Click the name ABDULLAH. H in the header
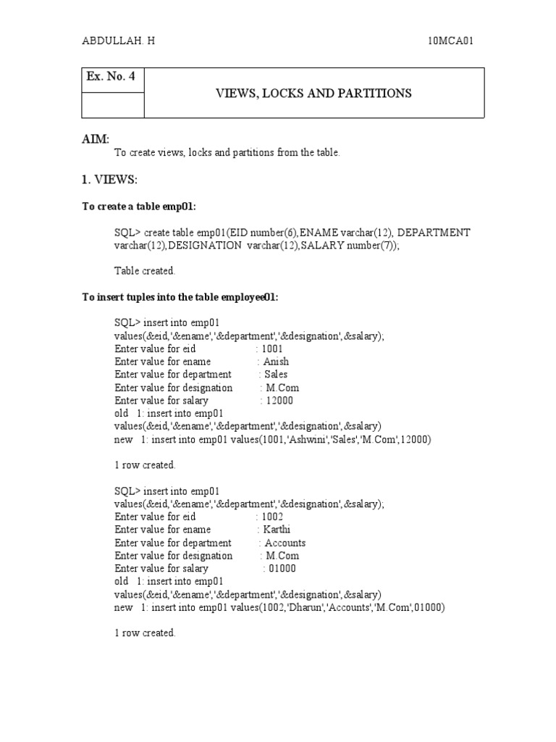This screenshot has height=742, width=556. (x=118, y=41)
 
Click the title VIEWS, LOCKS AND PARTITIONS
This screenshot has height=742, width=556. (x=313, y=93)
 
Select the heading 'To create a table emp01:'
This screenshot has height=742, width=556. (x=139, y=207)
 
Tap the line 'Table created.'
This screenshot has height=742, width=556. (x=145, y=271)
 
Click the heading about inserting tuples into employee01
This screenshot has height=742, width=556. (x=180, y=297)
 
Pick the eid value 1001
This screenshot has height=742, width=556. (x=274, y=349)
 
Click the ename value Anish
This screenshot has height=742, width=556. (x=276, y=362)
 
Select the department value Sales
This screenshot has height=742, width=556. (x=276, y=375)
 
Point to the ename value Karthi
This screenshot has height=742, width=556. (x=277, y=530)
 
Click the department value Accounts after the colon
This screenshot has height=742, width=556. (x=285, y=543)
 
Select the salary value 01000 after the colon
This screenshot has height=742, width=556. (x=282, y=569)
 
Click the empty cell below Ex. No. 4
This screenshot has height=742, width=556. (x=112, y=105)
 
